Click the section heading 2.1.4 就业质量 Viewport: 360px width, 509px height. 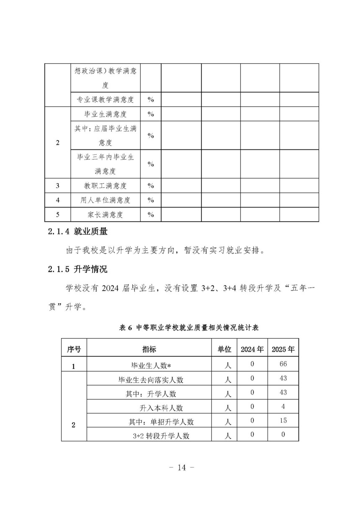[78, 231]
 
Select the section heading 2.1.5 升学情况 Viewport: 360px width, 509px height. [78, 269]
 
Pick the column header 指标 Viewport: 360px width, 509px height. [149, 349]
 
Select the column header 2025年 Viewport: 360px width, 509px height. [283, 349]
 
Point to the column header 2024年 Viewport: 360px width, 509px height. [252, 349]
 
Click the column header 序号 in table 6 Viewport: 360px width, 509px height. [74, 349]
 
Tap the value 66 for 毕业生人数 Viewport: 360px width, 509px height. [283, 364]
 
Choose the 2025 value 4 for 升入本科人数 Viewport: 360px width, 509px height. [283, 406]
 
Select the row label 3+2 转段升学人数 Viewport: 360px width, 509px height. [161, 436]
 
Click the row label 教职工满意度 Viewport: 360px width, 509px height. [105, 185]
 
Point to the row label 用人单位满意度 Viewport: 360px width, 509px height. [105, 200]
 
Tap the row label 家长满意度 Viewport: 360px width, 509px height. [105, 215]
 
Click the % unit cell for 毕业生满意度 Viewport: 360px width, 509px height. [151, 114]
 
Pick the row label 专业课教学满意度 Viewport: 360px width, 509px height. [105, 99]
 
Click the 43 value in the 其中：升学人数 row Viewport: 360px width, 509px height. [283, 393]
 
